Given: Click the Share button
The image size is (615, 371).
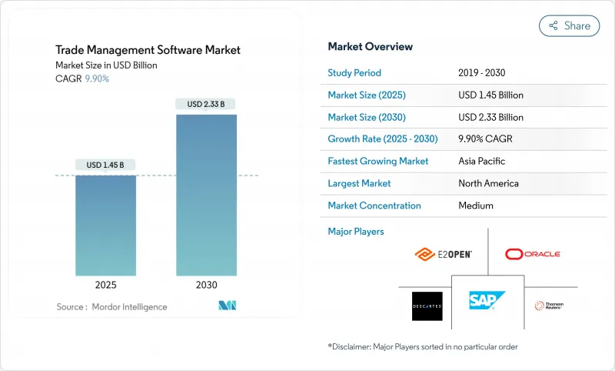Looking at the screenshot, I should click(569, 25).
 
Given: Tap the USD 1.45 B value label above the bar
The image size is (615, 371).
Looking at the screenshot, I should click(105, 165).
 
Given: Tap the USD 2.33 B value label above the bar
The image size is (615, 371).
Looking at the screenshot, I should click(206, 104).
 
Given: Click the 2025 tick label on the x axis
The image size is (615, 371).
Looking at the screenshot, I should click(105, 285).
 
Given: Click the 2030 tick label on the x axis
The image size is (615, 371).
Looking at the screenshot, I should click(206, 285).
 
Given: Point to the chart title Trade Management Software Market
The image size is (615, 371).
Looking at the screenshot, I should click(148, 50).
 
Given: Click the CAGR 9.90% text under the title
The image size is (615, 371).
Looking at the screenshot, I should click(82, 79).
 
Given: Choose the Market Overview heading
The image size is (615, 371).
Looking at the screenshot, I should click(370, 46).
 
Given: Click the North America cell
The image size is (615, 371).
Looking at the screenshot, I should click(488, 183).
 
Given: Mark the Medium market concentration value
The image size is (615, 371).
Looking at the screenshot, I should click(475, 206).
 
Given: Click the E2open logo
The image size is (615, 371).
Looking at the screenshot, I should click(443, 254).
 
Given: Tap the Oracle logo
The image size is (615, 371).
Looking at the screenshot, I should click(533, 254).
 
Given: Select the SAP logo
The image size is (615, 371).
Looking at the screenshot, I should click(487, 301).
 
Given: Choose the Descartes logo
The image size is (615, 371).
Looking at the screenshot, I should click(427, 306).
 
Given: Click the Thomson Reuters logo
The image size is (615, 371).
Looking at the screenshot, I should click(549, 306).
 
